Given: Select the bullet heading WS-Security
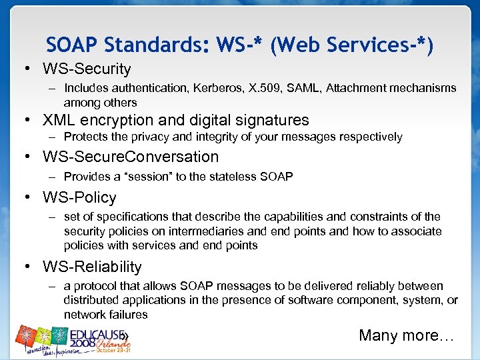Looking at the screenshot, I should (x=87, y=69).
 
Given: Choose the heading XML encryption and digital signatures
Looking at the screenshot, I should (x=176, y=120).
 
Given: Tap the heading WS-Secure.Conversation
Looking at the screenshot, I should (x=131, y=157).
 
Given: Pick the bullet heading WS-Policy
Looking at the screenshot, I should (x=79, y=197).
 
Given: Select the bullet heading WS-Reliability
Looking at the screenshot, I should (x=92, y=267).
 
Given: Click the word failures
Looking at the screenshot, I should (x=125, y=315).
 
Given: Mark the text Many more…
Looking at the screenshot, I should (x=406, y=335).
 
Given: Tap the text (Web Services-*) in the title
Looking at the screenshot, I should (x=352, y=45).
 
